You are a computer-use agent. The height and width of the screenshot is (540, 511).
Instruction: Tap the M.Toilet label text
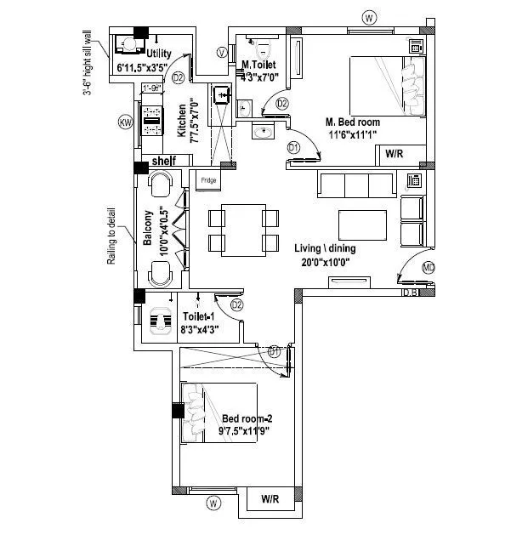click(258, 65)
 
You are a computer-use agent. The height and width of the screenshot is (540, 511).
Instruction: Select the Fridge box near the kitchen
click(207, 180)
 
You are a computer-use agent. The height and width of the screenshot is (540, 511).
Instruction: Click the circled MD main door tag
click(429, 269)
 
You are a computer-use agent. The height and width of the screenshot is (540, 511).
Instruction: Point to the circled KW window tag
click(126, 124)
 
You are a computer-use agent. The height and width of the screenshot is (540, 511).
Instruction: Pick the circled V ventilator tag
click(221, 53)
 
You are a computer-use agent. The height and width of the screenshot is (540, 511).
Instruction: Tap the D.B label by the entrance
click(411, 293)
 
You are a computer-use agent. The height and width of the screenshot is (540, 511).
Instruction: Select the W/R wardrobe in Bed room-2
click(271, 499)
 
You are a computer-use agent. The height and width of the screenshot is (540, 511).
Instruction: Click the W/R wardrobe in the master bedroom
click(394, 154)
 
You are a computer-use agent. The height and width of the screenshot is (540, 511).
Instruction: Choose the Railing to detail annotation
click(111, 235)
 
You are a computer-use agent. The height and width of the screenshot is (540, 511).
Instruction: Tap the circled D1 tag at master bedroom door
click(293, 147)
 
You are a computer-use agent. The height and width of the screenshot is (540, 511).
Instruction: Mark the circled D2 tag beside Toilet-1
click(237, 304)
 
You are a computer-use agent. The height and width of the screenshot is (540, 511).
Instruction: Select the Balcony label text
click(148, 228)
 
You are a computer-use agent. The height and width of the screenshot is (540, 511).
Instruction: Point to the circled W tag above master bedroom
click(368, 18)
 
